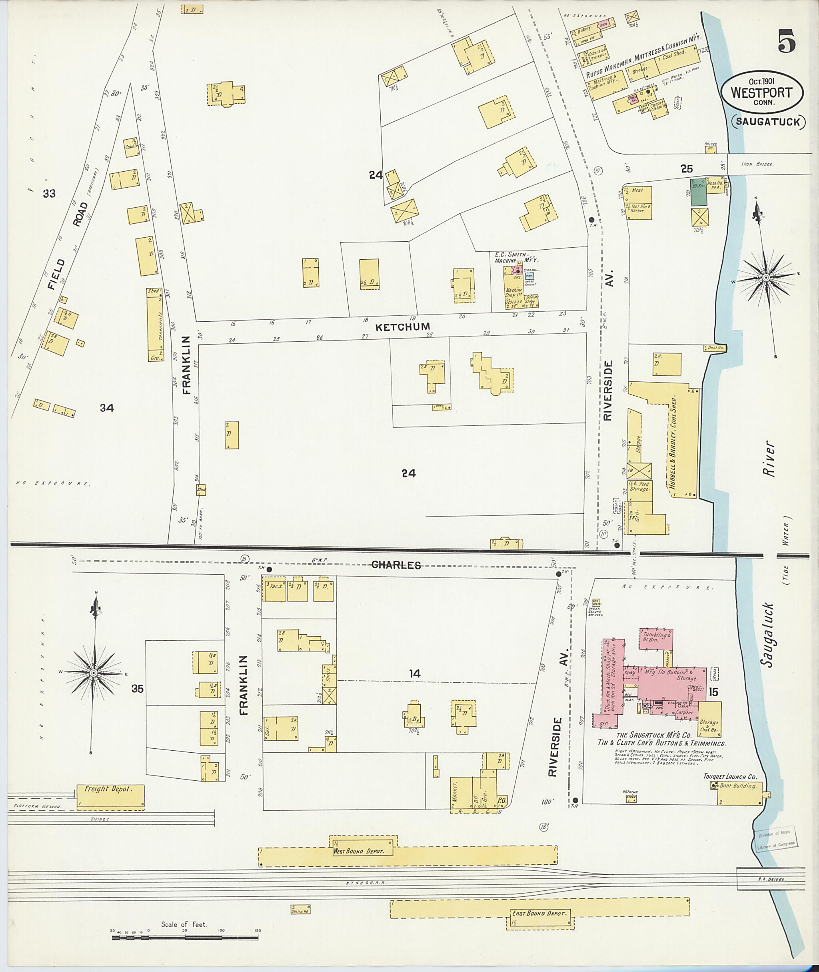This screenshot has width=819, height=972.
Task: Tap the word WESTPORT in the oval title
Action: [x=761, y=92]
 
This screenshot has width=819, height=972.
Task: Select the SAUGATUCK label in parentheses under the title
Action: [x=768, y=122]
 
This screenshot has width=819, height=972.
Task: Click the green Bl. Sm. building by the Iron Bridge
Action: [x=697, y=192]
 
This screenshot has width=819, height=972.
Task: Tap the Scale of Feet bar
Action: [x=184, y=938]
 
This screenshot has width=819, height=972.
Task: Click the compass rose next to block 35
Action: [x=94, y=673]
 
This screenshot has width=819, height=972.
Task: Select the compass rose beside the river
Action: [x=765, y=277]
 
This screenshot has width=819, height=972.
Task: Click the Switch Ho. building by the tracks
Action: [x=300, y=910]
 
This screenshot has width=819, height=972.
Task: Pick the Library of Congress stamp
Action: [x=775, y=839]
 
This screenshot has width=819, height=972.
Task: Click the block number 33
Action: [x=49, y=193]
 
